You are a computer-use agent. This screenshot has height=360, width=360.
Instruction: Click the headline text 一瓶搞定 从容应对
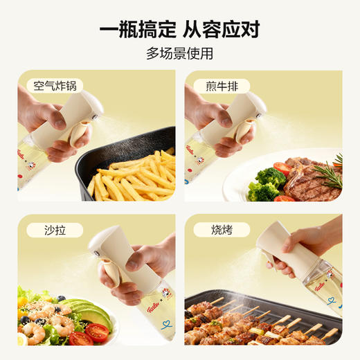(x=180, y=30)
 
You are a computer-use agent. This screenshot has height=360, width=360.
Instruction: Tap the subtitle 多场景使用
(x=180, y=54)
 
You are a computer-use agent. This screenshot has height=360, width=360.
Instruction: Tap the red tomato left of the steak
(x=282, y=168)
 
